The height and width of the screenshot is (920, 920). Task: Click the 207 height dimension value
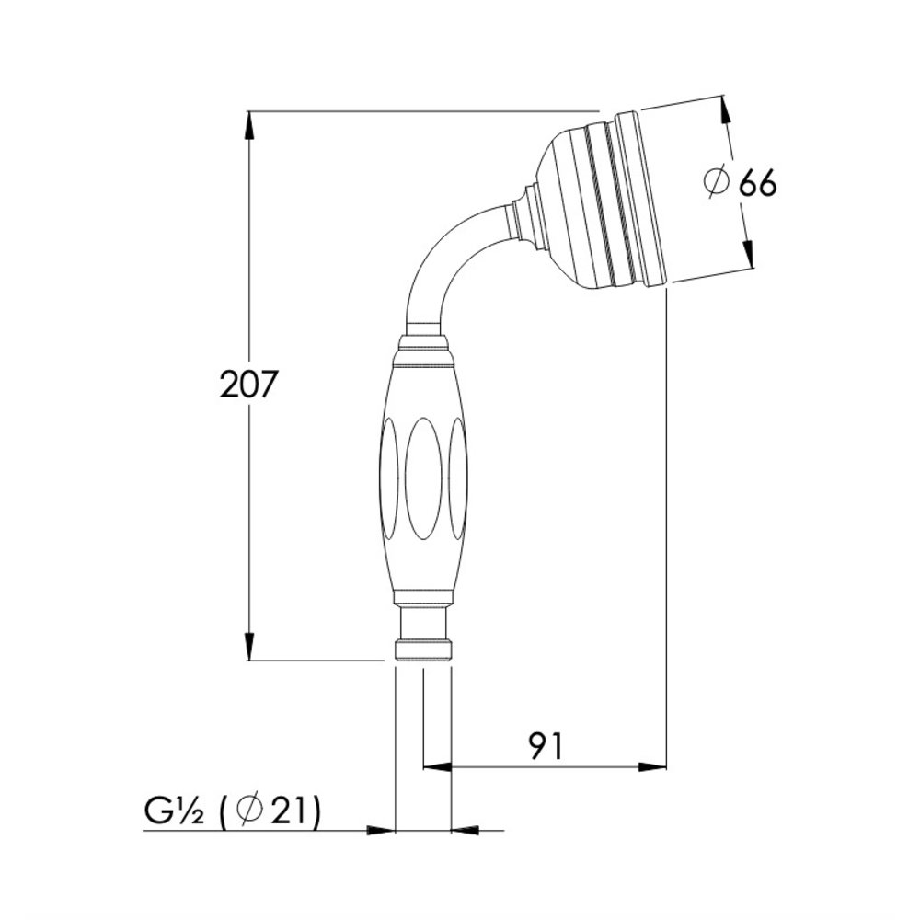pos(247,385)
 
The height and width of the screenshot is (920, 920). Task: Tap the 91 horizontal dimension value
pos(545,746)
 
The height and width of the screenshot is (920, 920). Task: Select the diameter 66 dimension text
pos(741,183)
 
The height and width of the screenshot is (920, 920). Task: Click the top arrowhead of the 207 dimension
pos(249,125)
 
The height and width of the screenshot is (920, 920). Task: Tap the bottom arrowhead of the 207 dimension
pos(249,646)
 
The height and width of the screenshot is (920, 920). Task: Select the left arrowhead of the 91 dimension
pos(438,767)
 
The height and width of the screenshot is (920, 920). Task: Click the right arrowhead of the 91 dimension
pos(652,767)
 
